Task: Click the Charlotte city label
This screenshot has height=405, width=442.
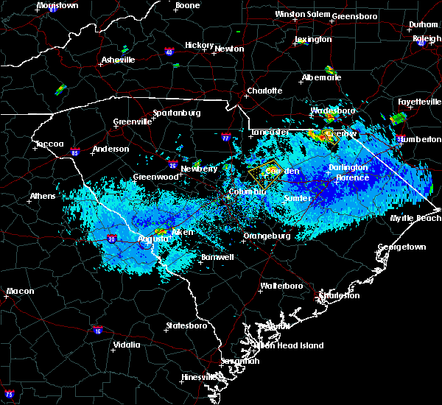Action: pyautogui.click(x=264, y=91)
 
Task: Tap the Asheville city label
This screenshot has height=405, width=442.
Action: pyautogui.click(x=120, y=59)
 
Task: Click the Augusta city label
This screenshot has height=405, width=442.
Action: pyautogui.click(x=154, y=239)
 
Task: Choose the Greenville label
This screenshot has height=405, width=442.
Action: pyautogui.click(x=132, y=122)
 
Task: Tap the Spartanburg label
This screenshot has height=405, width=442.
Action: pyautogui.click(x=176, y=113)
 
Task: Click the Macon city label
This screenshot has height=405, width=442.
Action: pyautogui.click(x=20, y=291)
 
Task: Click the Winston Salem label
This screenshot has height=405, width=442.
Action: pyautogui.click(x=302, y=14)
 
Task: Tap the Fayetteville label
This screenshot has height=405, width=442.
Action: pyautogui.click(x=418, y=101)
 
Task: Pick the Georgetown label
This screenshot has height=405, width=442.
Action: pyautogui.click(x=401, y=247)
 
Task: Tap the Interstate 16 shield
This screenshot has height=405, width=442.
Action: pyautogui.click(x=97, y=329)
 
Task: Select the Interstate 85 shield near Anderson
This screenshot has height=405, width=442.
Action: pyautogui.click(x=74, y=152)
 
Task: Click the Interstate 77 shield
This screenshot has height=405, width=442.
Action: pyautogui.click(x=226, y=136)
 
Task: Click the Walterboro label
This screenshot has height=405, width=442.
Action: pyautogui.click(x=281, y=286)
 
